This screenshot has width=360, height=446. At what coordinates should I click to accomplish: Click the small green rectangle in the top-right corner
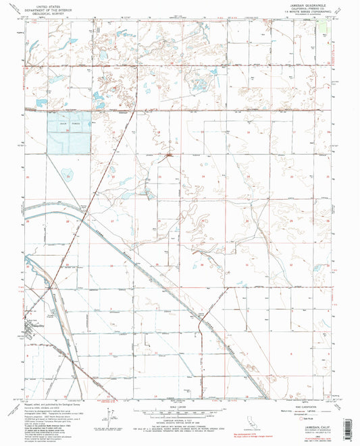coord(330,24)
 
